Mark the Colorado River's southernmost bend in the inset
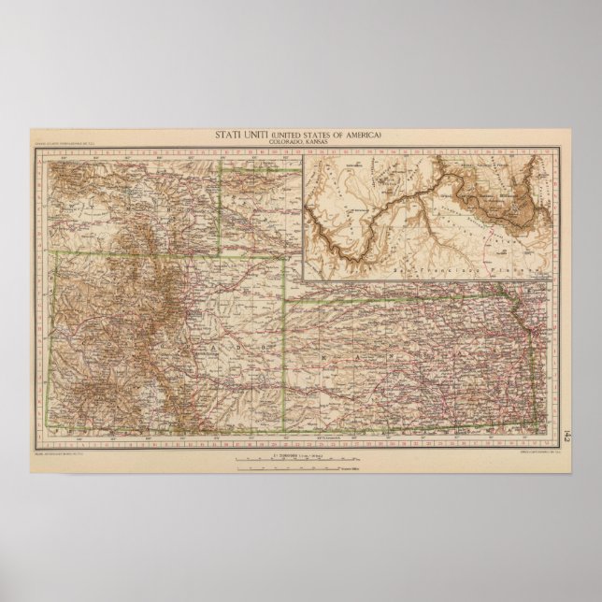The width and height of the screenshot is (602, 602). pyautogui.click(x=351, y=256)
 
